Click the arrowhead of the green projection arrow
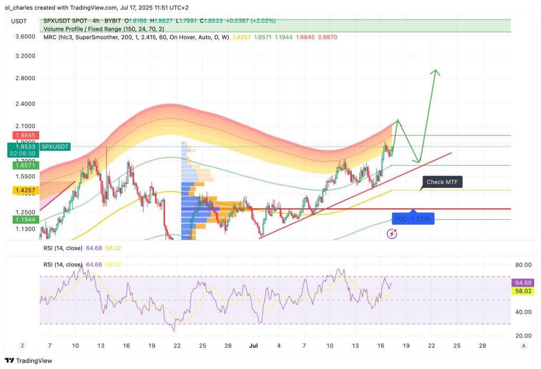coord(435,71)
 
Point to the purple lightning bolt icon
coord(392,233)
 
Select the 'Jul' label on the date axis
coord(254,345)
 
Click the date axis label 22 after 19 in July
coord(431,345)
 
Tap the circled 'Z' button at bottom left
coord(23,345)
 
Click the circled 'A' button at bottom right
coord(523,345)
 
